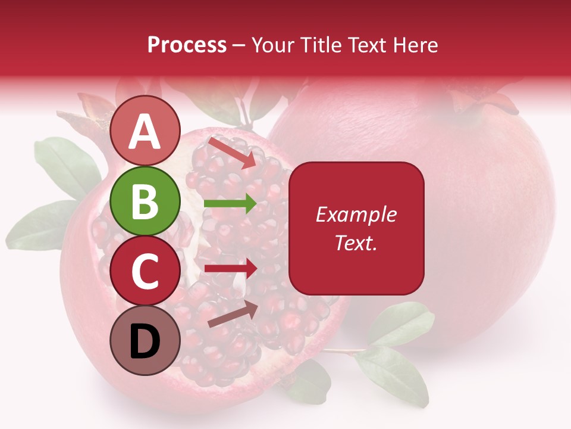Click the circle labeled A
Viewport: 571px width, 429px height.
pos(145,131)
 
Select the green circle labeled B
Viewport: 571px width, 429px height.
pos(145,201)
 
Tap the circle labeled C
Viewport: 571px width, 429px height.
pos(145,271)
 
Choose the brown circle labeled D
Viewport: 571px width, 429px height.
pos(145,340)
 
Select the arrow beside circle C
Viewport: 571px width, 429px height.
pos(231,268)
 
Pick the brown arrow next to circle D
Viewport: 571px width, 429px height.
pos(233,314)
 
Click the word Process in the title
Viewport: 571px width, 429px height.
pos(187,45)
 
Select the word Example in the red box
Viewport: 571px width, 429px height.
pos(356,214)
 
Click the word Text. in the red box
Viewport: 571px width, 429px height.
pos(356,243)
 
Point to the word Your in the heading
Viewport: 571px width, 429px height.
pos(272,45)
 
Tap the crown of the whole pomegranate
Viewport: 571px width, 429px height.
pos(482,101)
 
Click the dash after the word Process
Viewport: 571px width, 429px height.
pos(239,45)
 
